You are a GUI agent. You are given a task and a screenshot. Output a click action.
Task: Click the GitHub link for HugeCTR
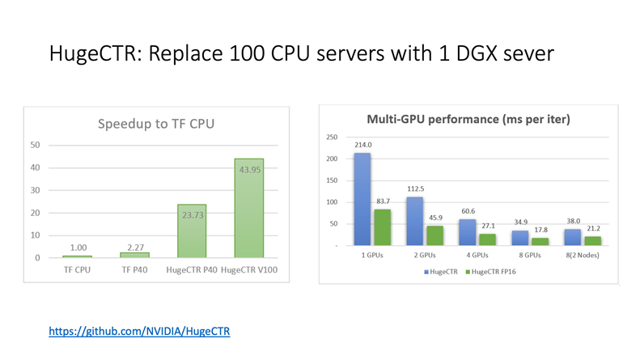click(140, 331)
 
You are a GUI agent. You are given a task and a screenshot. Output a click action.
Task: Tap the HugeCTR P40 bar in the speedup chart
click(193, 231)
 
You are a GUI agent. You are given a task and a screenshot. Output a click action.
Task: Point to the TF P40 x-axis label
click(136, 269)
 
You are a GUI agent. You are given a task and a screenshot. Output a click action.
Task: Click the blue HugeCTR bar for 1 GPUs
click(362, 199)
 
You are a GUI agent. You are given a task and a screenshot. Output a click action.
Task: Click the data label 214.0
click(362, 145)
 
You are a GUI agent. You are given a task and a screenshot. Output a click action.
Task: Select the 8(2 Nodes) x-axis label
click(571, 253)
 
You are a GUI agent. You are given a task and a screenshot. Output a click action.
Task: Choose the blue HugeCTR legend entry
click(439, 270)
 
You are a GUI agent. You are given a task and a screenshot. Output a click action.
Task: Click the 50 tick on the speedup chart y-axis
click(36, 145)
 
